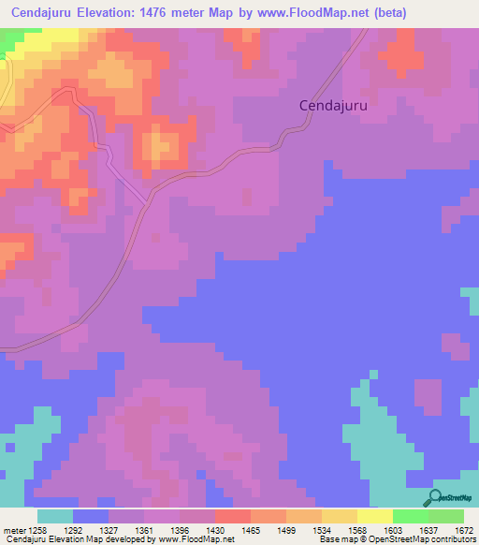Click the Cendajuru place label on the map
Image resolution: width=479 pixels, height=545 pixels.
tap(333, 106)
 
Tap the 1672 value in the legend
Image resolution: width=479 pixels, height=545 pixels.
tap(465, 529)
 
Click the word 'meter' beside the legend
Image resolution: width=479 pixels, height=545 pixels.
tap(13, 529)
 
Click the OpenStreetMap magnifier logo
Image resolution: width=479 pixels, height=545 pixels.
tap(434, 498)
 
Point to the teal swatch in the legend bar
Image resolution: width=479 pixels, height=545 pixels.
tap(55, 516)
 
